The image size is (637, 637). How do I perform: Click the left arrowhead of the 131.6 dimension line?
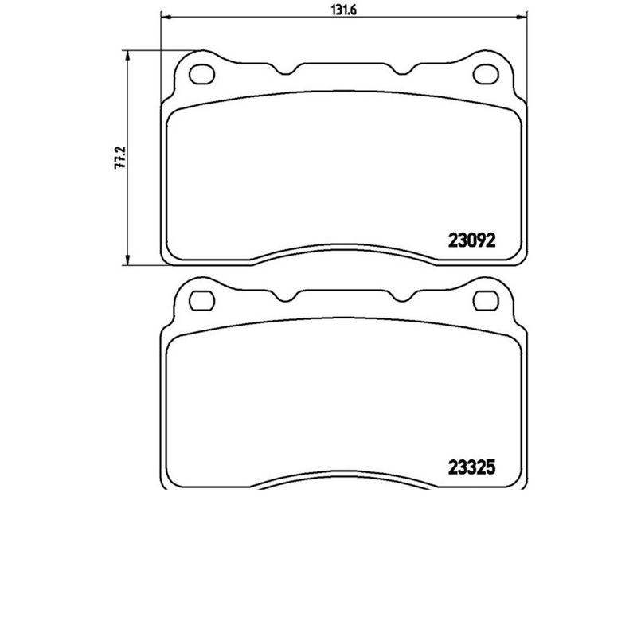166,15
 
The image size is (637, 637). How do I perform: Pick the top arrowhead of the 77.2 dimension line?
127,54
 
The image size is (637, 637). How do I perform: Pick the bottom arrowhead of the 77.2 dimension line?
127,261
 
